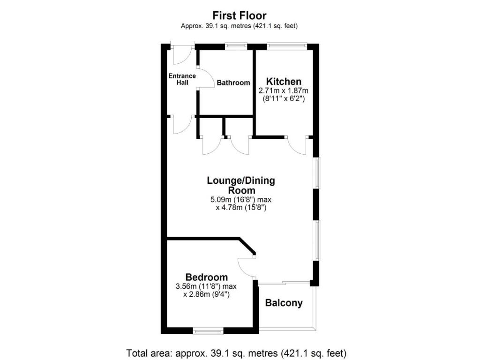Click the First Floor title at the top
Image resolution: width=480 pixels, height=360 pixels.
[x=240, y=15]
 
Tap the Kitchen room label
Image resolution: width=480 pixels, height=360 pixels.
[x=284, y=81]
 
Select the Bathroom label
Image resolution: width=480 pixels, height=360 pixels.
[x=233, y=83]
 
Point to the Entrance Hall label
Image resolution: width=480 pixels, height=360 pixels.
[x=182, y=79]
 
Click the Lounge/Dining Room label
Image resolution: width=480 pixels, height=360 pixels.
[x=241, y=185]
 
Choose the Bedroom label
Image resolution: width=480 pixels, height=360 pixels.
[x=206, y=277]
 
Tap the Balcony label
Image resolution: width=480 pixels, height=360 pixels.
[x=284, y=303]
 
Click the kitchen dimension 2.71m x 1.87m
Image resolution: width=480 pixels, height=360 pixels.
[x=284, y=90]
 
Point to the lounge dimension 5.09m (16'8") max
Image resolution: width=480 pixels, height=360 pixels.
[x=241, y=200]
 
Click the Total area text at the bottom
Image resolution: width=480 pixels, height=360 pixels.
[x=236, y=352]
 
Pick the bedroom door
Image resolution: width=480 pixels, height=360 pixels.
[x=246, y=267]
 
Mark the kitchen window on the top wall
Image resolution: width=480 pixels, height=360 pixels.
[x=287, y=45]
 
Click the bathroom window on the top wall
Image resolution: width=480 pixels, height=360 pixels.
[x=236, y=45]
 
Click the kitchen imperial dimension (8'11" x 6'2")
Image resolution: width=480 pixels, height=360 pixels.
[x=284, y=99]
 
